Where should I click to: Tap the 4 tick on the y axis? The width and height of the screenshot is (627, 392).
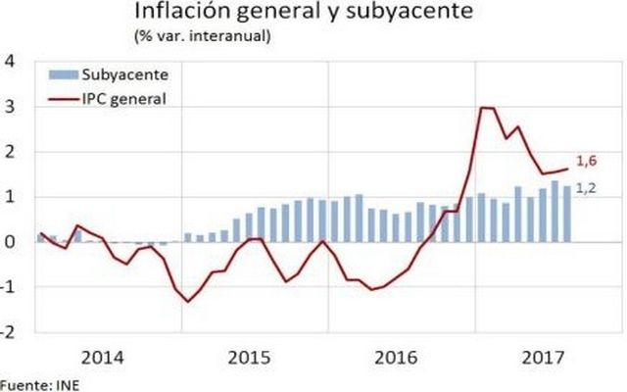(12, 61)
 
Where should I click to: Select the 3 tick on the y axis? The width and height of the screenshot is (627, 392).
(12, 106)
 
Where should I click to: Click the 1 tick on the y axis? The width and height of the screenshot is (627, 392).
(12, 196)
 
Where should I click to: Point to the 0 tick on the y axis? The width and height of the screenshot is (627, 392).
(12, 241)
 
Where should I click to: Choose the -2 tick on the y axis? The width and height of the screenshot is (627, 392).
(9, 331)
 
